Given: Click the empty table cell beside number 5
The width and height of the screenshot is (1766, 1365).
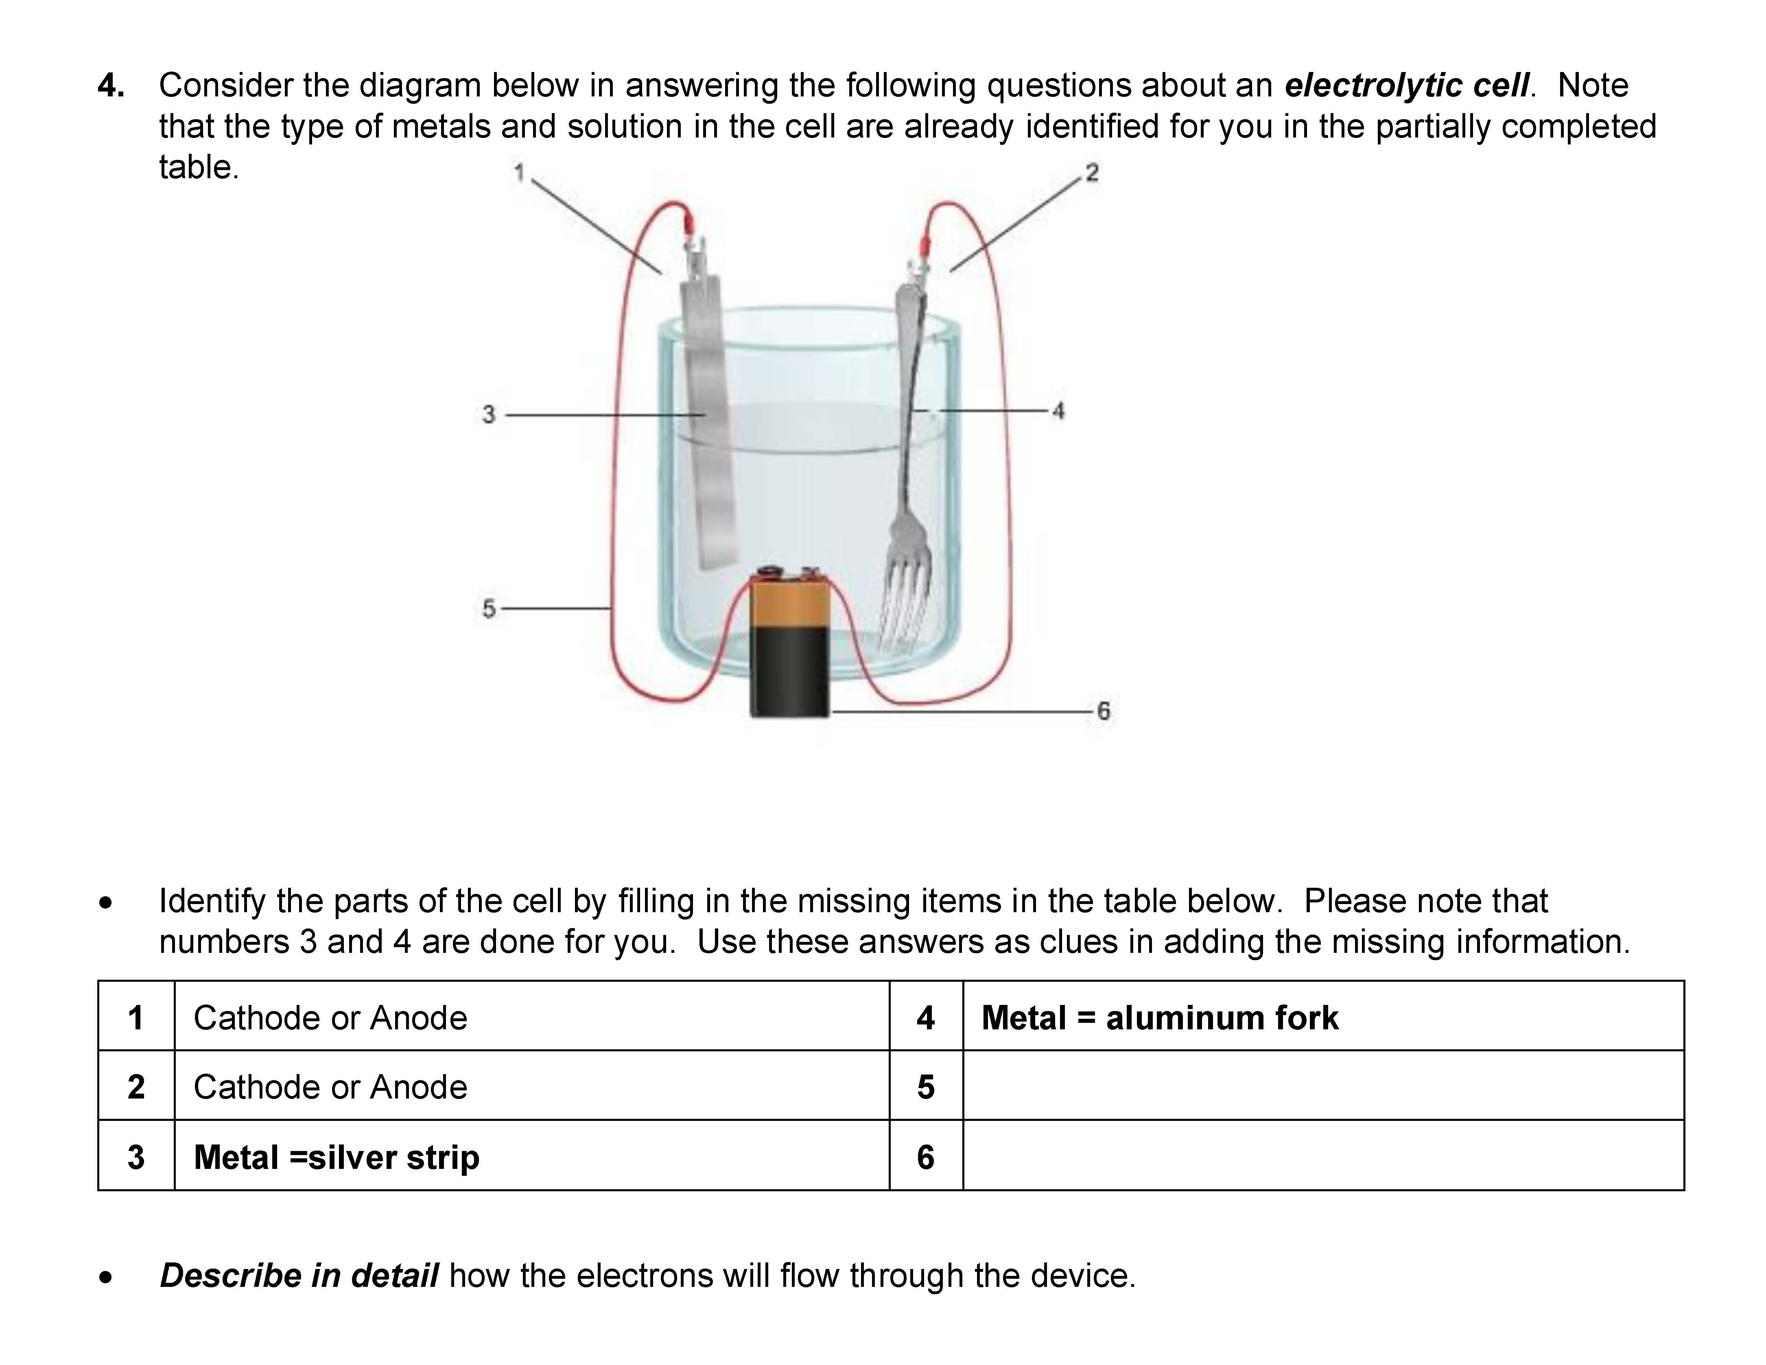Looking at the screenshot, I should click(x=1323, y=1086).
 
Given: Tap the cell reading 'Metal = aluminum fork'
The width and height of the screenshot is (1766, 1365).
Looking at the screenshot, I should click(x=1160, y=1017).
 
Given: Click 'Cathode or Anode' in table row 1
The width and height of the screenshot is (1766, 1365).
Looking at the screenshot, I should click(x=330, y=1017).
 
